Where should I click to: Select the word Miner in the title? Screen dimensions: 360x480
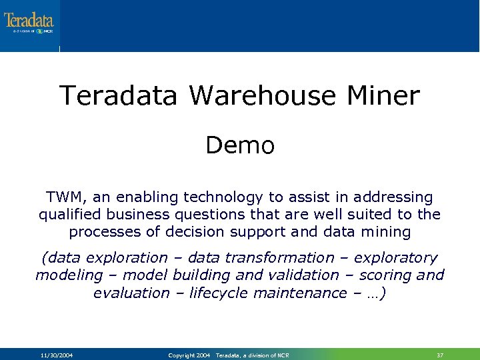(x=383, y=96)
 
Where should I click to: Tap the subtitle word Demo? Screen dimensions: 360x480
(x=240, y=145)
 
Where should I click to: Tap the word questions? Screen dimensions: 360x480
(x=214, y=215)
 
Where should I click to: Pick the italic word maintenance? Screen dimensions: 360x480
(x=311, y=292)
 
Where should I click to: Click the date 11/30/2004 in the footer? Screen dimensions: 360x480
(x=57, y=355)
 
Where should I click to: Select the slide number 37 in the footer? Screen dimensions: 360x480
(x=440, y=355)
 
